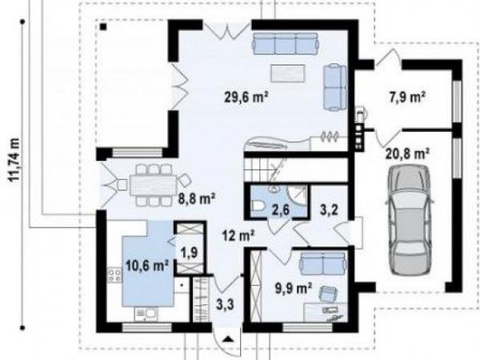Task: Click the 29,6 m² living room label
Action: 246,98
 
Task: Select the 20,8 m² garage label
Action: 407,154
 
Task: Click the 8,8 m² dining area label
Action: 197,199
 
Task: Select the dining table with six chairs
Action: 153,186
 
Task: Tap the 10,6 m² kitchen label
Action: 147,266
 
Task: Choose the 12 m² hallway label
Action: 238,236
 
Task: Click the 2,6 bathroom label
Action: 281,210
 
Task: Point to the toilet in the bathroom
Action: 258,206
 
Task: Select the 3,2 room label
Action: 329,210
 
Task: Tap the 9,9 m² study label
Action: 294,288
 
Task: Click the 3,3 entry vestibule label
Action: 226,305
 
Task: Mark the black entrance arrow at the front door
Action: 227,338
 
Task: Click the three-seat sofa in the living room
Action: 286,44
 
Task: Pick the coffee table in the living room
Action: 287,74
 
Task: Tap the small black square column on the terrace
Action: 103,27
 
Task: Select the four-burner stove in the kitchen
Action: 114,274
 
